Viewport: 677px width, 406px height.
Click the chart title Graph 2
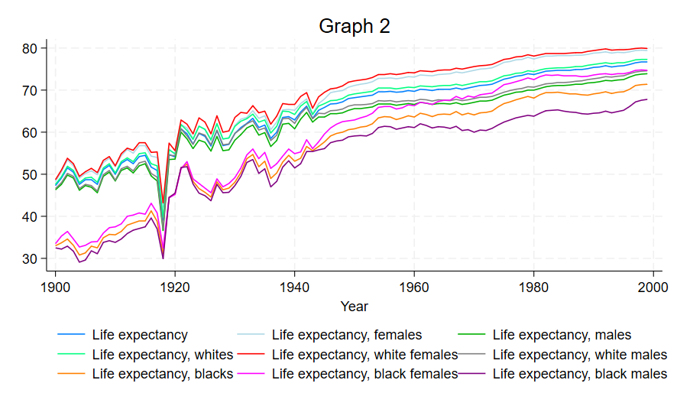[x=354, y=26]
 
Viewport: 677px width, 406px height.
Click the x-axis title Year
[x=355, y=307]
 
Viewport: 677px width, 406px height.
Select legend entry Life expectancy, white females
[x=364, y=354]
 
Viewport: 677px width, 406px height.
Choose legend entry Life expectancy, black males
[x=580, y=374]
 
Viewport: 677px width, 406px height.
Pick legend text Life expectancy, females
[x=346, y=334]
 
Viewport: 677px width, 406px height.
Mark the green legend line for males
[x=473, y=334]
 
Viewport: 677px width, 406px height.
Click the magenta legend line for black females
[x=252, y=374]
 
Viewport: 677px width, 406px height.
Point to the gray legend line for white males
[x=473, y=354]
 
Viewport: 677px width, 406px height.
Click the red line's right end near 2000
[x=647, y=49]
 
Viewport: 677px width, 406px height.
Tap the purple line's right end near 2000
[x=647, y=99]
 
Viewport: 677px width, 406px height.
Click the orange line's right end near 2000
[x=647, y=84]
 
